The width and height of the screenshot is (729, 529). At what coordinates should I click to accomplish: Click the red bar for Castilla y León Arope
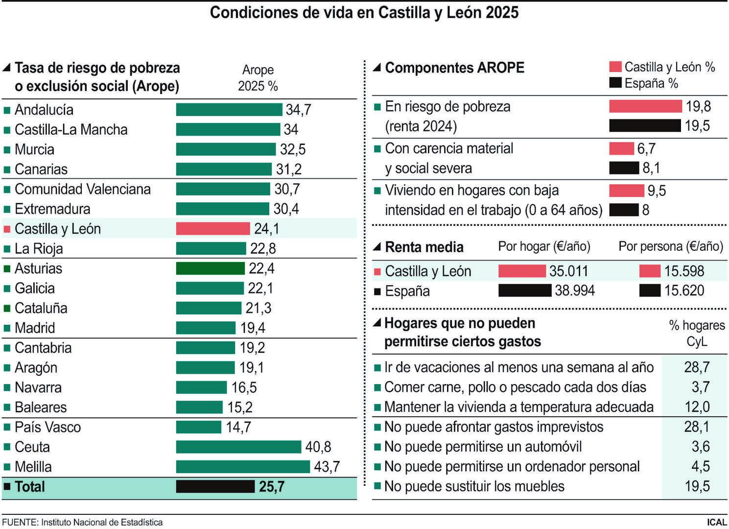tap(213, 229)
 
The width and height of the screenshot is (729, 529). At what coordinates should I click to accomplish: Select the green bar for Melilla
tap(243, 467)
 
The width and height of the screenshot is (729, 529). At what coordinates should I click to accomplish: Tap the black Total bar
tap(215, 486)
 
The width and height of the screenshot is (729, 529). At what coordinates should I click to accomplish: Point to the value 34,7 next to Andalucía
tap(298, 110)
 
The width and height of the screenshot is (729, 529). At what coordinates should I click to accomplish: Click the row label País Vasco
tap(47, 427)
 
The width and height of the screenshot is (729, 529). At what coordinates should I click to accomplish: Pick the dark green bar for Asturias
tap(210, 268)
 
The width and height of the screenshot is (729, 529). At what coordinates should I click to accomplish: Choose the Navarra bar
tap(201, 387)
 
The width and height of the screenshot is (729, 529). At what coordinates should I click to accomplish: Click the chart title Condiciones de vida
tap(364, 13)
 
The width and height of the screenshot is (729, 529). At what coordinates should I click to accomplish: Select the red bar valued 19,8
tap(645, 106)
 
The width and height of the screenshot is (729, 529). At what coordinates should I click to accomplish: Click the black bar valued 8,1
tap(624, 168)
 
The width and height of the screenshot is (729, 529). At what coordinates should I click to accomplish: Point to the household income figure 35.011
tap(568, 271)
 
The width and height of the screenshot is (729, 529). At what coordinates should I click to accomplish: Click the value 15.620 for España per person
tap(684, 291)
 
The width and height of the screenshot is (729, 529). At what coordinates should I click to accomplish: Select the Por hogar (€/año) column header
tap(544, 246)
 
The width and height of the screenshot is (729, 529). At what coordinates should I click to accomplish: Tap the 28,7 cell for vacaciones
tap(696, 367)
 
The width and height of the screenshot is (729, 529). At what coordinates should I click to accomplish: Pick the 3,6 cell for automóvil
tap(700, 447)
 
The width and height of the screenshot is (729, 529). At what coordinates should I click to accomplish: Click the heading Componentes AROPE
tap(454, 68)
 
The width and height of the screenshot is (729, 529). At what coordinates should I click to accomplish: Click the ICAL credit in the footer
tap(716, 522)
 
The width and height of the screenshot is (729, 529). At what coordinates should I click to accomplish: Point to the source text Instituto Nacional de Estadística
tap(101, 523)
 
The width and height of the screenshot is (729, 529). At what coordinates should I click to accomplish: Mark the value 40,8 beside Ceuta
tap(318, 447)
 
